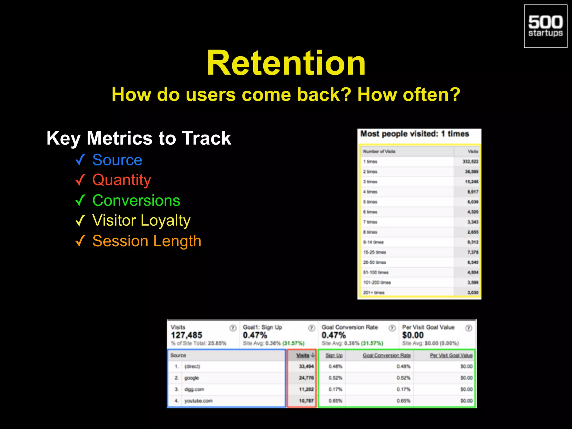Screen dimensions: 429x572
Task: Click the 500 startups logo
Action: (x=545, y=26)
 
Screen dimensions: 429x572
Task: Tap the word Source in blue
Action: (x=117, y=160)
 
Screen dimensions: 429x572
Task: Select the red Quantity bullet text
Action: (x=121, y=180)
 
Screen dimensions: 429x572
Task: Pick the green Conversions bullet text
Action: (x=136, y=200)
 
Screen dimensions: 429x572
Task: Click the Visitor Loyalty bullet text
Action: (x=141, y=220)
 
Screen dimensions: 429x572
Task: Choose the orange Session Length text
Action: (x=147, y=241)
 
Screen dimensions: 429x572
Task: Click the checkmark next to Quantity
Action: (x=80, y=180)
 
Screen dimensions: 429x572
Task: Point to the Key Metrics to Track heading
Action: (x=139, y=138)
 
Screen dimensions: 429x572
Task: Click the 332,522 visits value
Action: (x=470, y=161)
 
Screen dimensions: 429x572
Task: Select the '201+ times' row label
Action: (x=374, y=292)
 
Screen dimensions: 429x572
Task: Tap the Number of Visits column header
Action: (x=379, y=151)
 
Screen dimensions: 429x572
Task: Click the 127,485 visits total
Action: (x=186, y=335)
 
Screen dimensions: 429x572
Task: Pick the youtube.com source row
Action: (x=198, y=401)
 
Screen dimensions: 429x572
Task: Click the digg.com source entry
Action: (x=194, y=389)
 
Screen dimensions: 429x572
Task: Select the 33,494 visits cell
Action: (x=306, y=366)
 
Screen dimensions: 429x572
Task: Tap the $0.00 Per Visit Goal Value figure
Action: (x=413, y=335)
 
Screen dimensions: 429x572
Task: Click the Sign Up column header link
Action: (x=334, y=355)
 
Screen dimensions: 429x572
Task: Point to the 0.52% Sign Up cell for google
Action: (x=335, y=378)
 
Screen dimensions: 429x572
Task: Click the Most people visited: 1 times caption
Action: (x=414, y=134)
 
